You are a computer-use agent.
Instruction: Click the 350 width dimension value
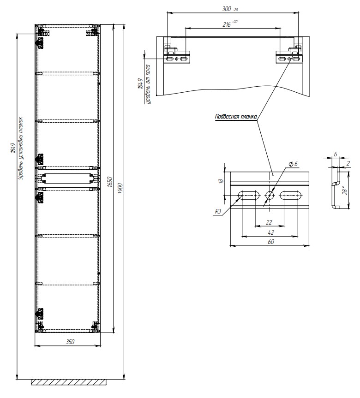tap(70, 342)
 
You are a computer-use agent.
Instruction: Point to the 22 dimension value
tap(270, 222)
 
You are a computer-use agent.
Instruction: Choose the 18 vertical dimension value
tap(221, 181)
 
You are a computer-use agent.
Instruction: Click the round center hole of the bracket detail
tap(269, 196)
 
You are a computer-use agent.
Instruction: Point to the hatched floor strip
tap(69, 382)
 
